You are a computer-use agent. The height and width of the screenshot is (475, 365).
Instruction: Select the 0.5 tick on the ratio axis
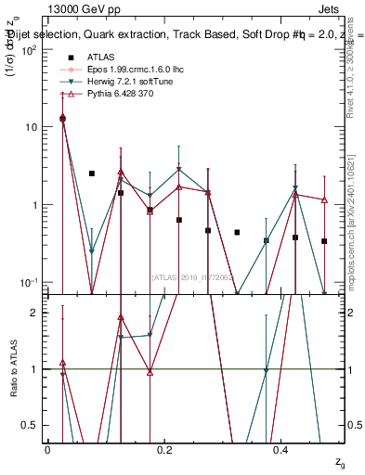pyautogui.click(x=33, y=425)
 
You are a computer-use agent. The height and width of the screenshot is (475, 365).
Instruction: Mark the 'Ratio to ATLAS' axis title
pyautogui.click(x=12, y=368)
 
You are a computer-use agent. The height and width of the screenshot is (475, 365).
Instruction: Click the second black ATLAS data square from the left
pyautogui.click(x=92, y=173)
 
